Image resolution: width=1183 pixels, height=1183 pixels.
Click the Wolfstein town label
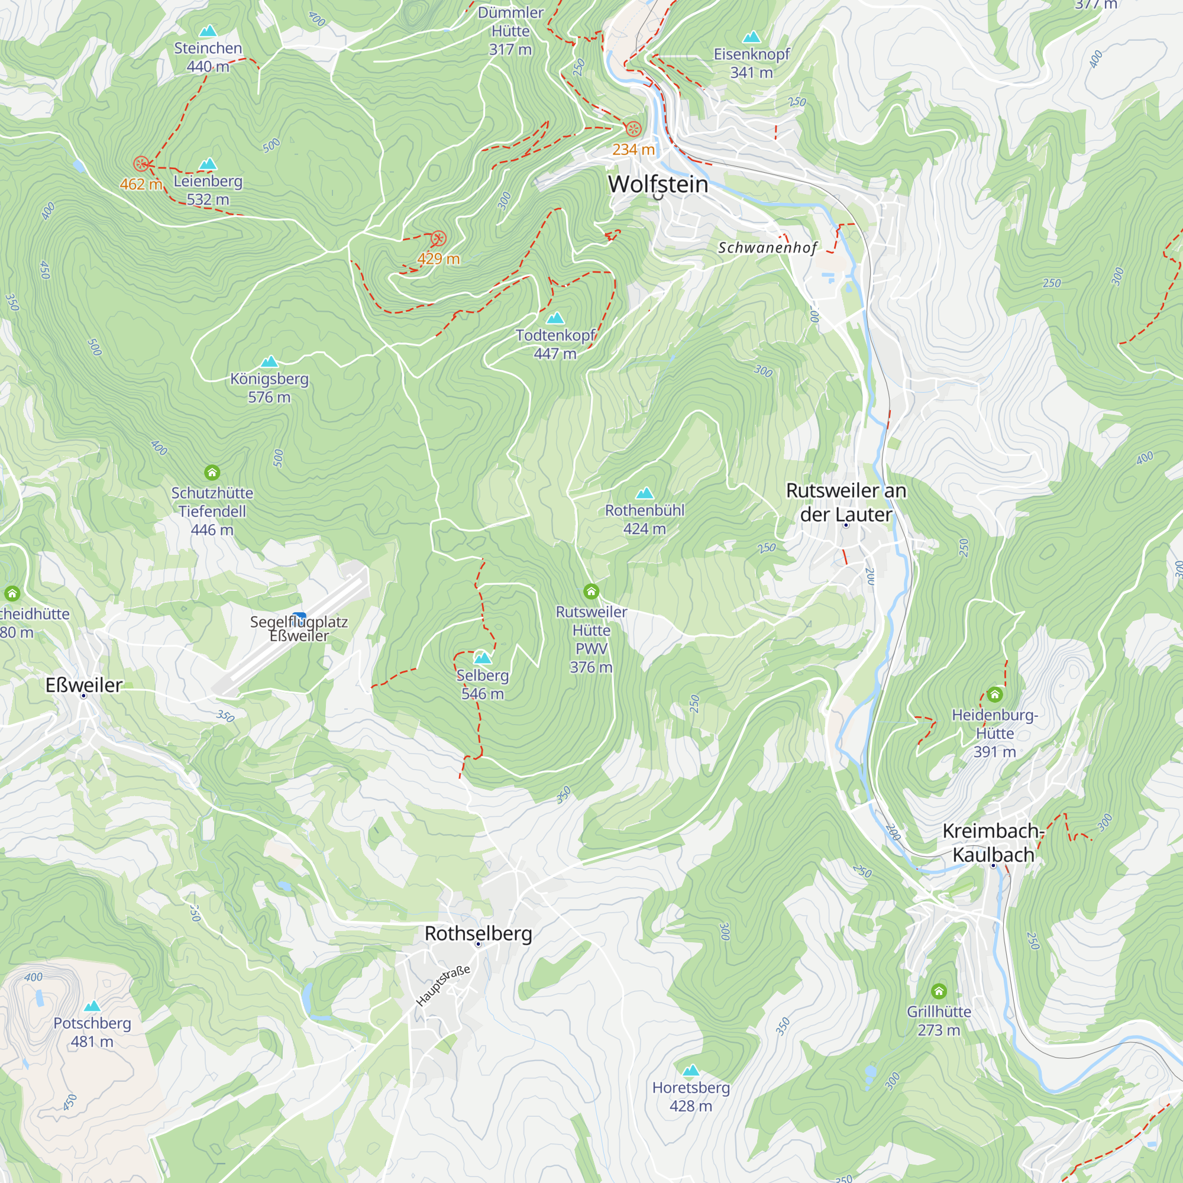coord(658,185)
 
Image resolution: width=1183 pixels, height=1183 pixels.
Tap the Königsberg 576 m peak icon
coord(269,362)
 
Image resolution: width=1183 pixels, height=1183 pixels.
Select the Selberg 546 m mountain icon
coord(483,658)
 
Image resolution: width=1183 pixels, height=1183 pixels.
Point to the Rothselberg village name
coord(478,933)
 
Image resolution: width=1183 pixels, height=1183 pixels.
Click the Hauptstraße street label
coord(442,985)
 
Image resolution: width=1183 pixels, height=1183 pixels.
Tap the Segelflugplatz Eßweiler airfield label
coord(299,628)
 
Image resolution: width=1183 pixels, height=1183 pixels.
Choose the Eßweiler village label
coord(84,684)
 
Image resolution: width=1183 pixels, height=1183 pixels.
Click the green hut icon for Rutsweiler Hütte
coord(591,591)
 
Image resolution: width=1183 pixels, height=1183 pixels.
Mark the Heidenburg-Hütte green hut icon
coord(994,694)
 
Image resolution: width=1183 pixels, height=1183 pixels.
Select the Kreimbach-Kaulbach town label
coord(993,842)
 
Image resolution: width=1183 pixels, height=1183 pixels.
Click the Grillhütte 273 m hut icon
coord(939,991)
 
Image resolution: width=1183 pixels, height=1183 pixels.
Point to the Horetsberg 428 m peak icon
coord(691,1071)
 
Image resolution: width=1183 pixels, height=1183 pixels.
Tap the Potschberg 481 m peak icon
coord(92,1006)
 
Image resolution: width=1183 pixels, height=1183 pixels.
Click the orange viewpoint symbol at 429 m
coord(438,238)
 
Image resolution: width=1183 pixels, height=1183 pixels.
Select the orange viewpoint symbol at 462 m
coord(141,163)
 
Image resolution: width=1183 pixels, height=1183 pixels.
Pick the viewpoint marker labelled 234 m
coord(633,128)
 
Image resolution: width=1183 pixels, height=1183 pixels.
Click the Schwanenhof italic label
coord(767,247)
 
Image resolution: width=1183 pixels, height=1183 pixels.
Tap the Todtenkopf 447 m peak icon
coord(555,318)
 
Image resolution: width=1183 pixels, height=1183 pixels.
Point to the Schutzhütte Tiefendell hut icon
coord(212,473)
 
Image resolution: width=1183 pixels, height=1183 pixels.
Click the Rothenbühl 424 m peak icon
coord(644,493)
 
